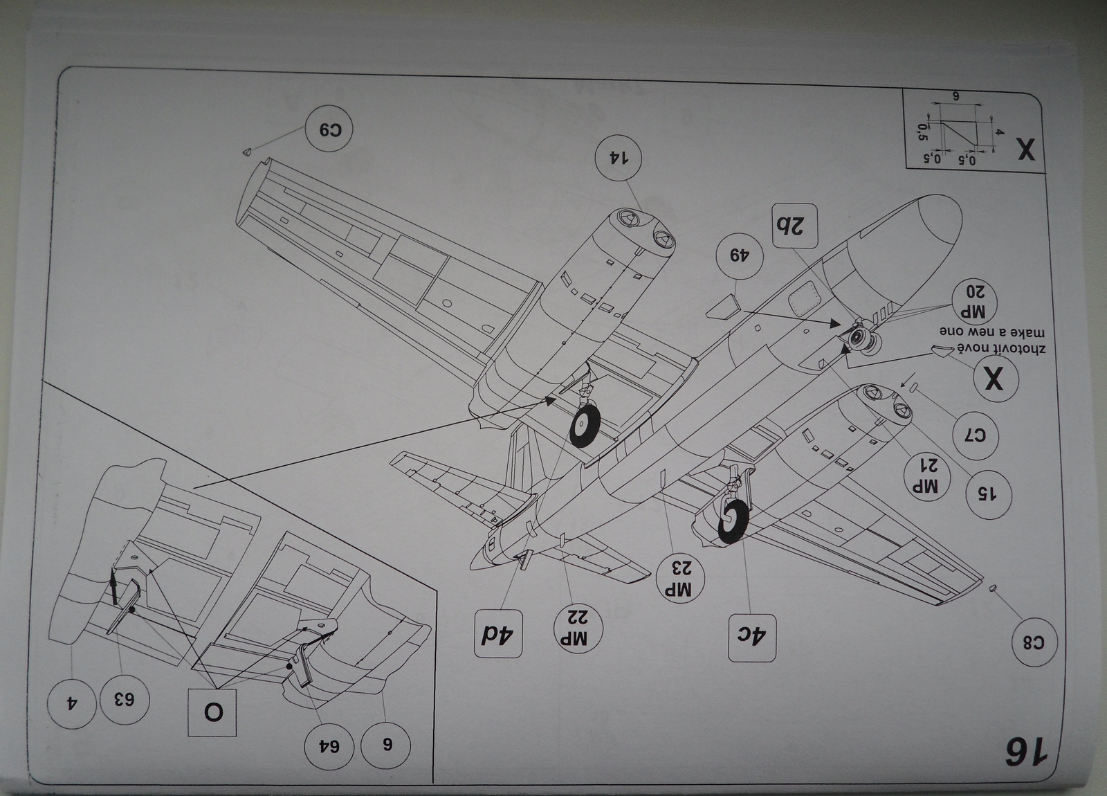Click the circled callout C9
click(329, 129)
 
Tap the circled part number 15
click(989, 493)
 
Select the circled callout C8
click(1034, 642)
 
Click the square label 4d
click(498, 635)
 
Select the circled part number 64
click(329, 746)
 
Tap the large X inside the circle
click(994, 379)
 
